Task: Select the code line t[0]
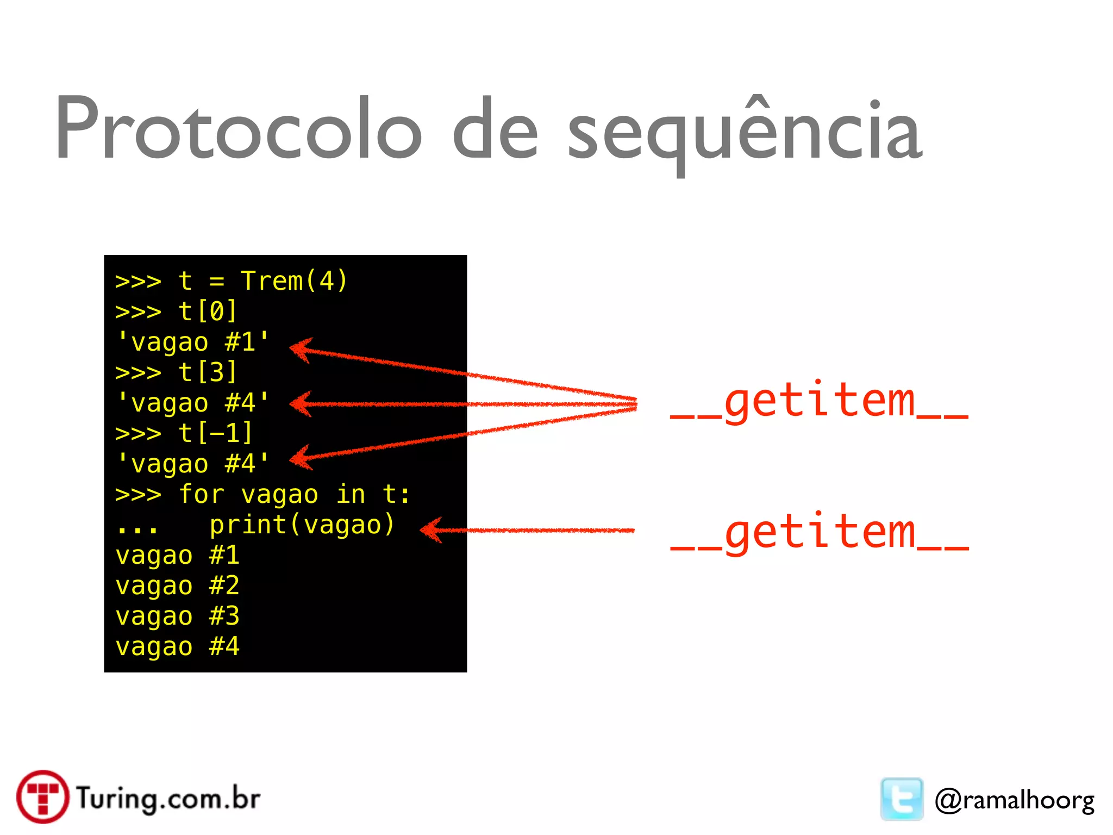click(208, 311)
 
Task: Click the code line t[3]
click(208, 372)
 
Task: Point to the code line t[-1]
click(215, 433)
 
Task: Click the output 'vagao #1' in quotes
click(193, 342)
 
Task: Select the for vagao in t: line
click(293, 494)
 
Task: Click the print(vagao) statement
click(302, 525)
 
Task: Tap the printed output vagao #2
click(177, 586)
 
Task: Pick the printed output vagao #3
click(177, 616)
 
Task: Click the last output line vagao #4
click(177, 647)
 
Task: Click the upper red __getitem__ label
click(819, 402)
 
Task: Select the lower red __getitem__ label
click(819, 534)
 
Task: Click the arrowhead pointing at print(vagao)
click(432, 530)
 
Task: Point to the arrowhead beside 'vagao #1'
click(300, 349)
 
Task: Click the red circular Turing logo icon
click(43, 796)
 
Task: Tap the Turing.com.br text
click(168, 798)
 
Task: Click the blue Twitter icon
click(902, 799)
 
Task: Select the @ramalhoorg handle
click(1014, 800)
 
